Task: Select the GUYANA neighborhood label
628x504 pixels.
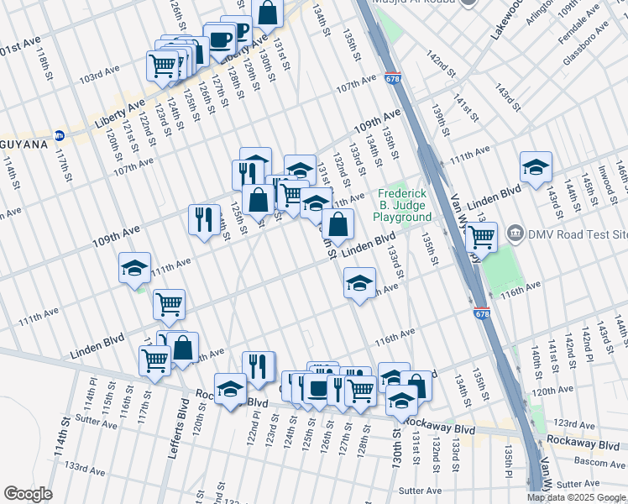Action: tap(22, 144)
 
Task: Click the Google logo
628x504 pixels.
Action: tap(28, 494)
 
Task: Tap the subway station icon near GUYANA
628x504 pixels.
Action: tap(60, 135)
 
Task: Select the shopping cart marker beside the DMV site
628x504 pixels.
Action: tap(481, 238)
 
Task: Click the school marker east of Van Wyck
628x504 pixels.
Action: tap(535, 166)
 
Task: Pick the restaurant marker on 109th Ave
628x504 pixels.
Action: tap(204, 220)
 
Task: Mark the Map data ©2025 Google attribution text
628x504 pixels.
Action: tap(576, 497)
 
